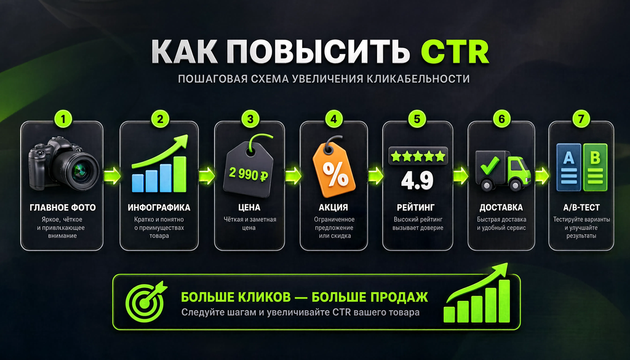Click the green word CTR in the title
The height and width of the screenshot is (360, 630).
[x=455, y=52]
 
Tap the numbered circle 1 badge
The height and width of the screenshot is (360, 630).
[x=63, y=119]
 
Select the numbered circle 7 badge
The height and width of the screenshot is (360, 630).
[x=581, y=119]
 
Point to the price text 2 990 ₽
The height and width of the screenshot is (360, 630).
[x=249, y=174]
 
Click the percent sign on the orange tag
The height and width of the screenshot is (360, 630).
[x=335, y=175]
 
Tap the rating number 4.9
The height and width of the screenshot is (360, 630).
[x=417, y=181]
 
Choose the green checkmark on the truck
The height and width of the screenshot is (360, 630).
[x=490, y=165]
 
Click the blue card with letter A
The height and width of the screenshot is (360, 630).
[x=568, y=167]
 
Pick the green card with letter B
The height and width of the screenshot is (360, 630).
[x=595, y=167]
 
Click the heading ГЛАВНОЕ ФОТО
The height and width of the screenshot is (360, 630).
[x=63, y=208]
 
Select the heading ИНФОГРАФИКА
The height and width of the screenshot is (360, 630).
[x=159, y=208]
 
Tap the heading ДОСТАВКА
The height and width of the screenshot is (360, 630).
[x=501, y=208]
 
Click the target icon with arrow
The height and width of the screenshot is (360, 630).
[x=145, y=301]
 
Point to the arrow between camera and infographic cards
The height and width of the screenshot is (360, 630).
[x=112, y=175]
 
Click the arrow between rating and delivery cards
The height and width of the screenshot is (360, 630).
[x=460, y=175]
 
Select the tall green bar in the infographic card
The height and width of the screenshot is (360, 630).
[x=180, y=174]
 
